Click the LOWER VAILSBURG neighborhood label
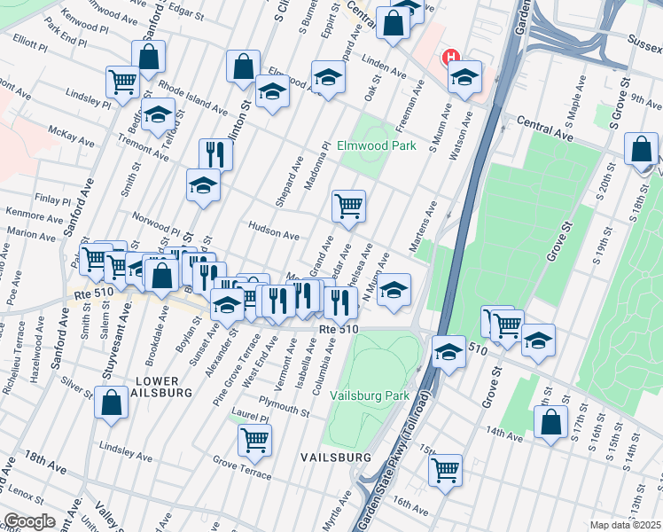pos(160,386)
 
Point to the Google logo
pos(29,521)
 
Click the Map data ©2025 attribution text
pos(624,525)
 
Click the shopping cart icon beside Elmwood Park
pos(348,205)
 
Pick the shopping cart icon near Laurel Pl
pos(254,439)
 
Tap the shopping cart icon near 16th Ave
pos(445,468)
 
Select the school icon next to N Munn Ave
pos(394,289)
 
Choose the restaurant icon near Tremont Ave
pos(214,153)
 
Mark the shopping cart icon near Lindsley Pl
pos(122,81)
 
